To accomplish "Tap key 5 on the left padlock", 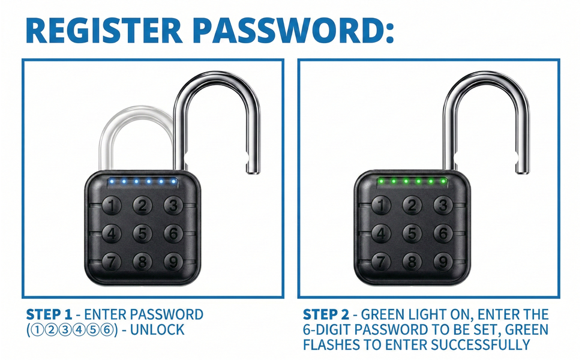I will [x=142, y=233].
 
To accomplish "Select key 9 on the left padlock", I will [x=173, y=262].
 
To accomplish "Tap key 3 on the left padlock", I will [x=173, y=206].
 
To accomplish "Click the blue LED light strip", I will [x=142, y=181].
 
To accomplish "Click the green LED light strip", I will [x=412, y=181].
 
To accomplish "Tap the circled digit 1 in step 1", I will [x=35, y=330].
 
